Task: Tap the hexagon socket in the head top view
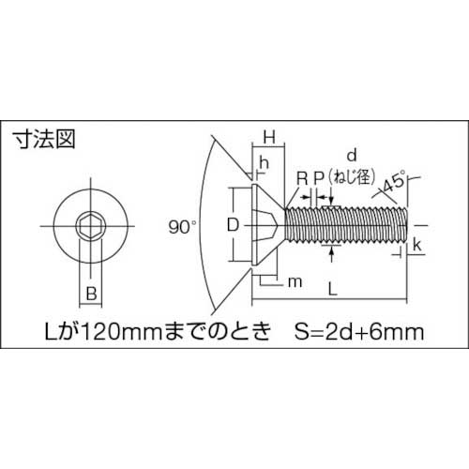(91, 226)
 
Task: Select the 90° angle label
(182, 226)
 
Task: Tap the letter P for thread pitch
(319, 176)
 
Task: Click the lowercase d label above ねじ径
(352, 153)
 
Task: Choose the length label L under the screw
(335, 292)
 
